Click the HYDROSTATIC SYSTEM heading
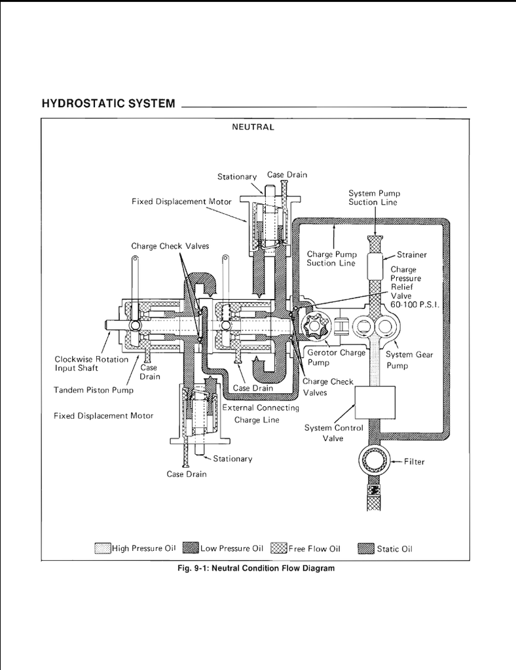108,103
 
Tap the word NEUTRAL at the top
253,127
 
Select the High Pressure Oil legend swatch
103,548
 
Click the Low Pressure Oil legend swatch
191,548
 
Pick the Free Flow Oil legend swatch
279,548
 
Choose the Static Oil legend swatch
366,548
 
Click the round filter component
374,461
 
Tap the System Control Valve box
375,402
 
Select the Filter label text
414,462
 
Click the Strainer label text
412,255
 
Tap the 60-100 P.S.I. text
415,305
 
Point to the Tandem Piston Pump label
94,390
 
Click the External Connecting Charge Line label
261,414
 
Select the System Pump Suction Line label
374,198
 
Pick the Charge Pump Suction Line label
331,258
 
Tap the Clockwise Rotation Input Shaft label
92,364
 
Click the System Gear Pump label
409,360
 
